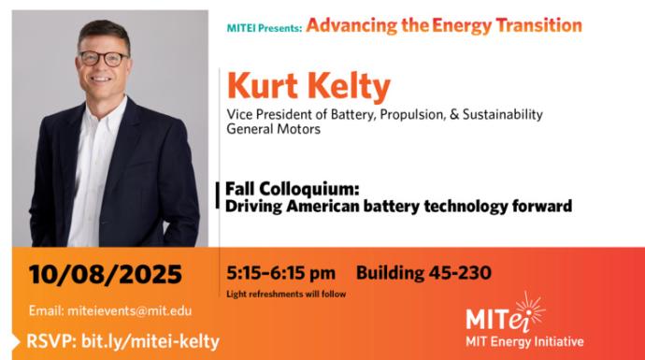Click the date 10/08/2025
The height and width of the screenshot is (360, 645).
105,275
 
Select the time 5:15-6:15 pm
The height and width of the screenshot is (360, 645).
280,273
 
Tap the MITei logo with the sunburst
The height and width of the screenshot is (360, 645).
504,314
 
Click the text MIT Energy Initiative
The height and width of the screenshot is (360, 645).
524,341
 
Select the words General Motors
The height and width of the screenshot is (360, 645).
273,129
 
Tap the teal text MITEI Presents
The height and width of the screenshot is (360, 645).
264,28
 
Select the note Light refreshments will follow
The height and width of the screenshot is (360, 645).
286,294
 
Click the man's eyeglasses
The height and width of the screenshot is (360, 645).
104,58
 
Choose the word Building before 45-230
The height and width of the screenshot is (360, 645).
387,273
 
